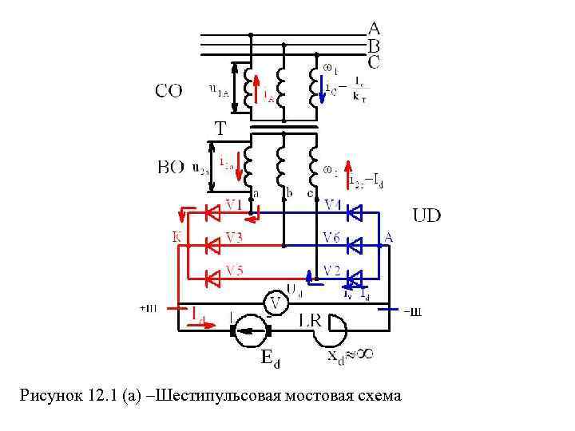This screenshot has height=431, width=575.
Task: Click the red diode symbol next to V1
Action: click(213, 213)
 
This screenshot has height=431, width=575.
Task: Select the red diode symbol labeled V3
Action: click(213, 245)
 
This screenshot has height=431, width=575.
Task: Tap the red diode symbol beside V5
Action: click(213, 278)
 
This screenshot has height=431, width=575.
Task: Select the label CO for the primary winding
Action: click(168, 91)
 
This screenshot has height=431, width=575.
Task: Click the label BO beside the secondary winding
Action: click(170, 168)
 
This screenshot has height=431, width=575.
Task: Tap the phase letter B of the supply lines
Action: click(374, 45)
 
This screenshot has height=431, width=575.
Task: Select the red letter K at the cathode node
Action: click(177, 236)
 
